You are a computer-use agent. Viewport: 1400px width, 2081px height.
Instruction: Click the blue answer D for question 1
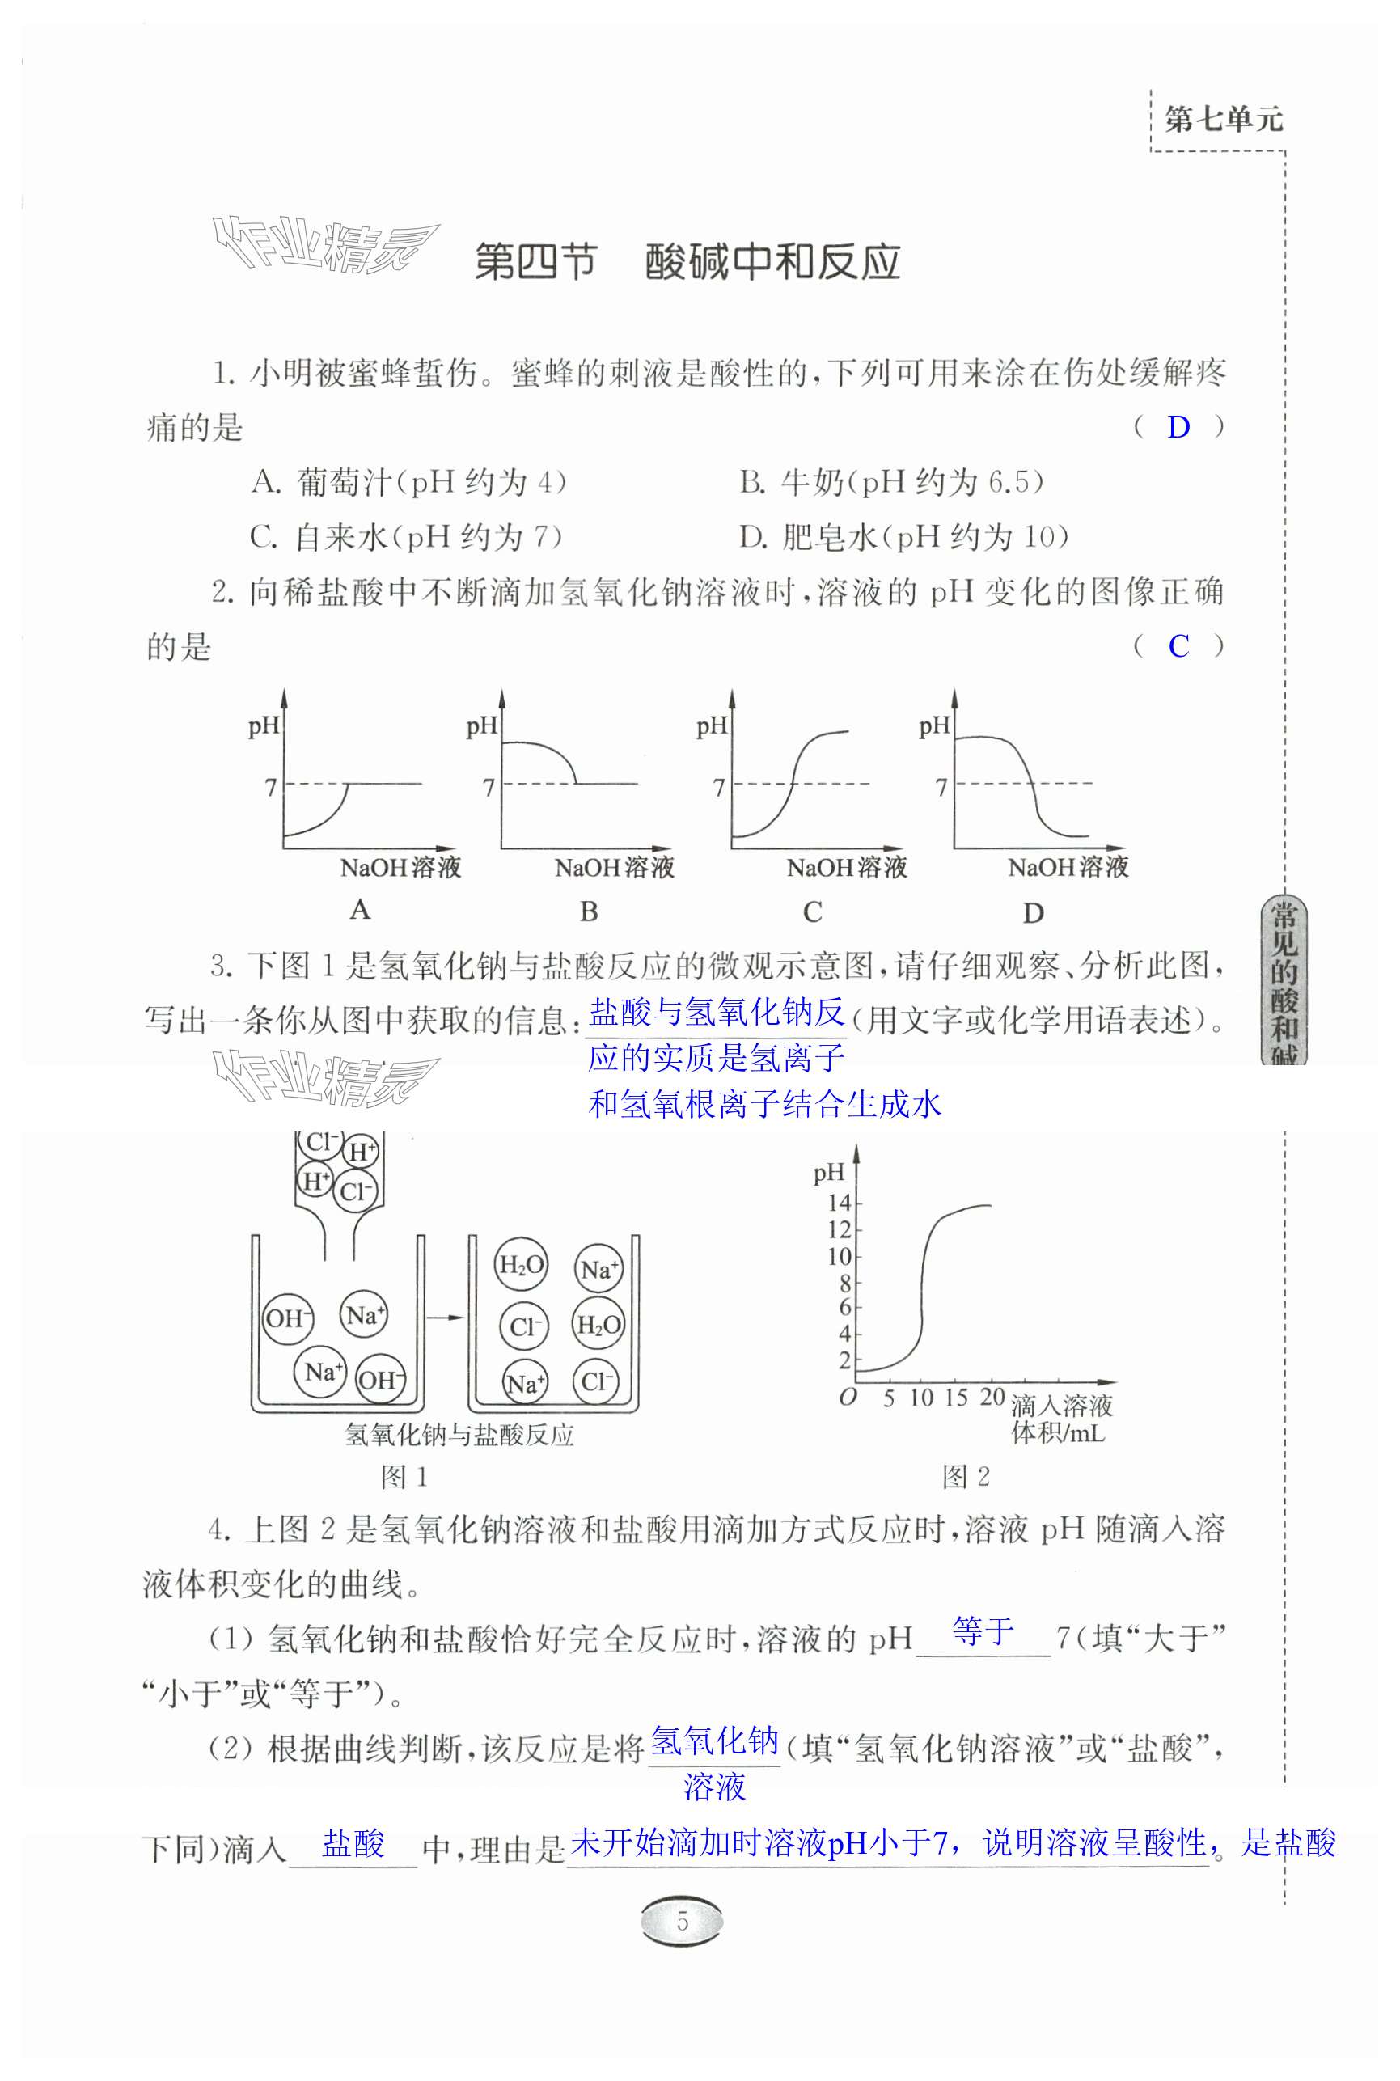tap(1178, 428)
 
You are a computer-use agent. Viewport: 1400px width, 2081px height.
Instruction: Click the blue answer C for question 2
tap(1178, 646)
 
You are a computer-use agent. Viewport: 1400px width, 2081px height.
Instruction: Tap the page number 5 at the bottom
tap(682, 1920)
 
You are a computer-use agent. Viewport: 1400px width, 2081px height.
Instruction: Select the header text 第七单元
tap(1223, 119)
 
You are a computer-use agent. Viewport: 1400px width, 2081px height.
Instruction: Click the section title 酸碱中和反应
tap(772, 261)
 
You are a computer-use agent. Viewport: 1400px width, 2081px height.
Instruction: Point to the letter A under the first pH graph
tap(360, 910)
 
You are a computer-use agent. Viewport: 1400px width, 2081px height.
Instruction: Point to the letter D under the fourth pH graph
tap(1033, 913)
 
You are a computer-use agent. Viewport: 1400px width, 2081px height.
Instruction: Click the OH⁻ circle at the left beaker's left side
tap(287, 1318)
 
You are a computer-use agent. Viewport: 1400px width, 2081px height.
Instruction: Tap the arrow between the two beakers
tap(445, 1317)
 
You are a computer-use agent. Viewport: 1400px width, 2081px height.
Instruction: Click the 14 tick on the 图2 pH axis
tap(840, 1203)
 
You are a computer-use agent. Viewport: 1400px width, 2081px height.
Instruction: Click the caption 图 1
tap(404, 1478)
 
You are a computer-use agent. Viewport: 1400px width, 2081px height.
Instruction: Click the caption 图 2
tap(966, 1477)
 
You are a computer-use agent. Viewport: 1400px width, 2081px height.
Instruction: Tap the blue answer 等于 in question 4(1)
tap(982, 1631)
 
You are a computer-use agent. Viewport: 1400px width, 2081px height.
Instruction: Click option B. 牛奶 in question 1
tap(891, 483)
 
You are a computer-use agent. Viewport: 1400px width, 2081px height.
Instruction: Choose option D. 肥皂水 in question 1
tap(903, 537)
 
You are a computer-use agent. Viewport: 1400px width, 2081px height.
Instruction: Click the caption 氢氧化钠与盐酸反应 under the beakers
tap(459, 1436)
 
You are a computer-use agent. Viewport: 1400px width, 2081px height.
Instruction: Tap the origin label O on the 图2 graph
tap(848, 1397)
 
